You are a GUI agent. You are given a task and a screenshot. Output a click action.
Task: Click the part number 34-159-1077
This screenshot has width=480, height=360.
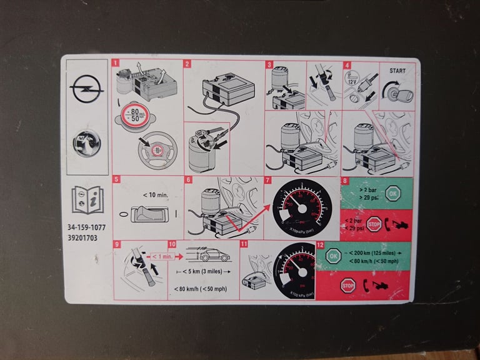87,229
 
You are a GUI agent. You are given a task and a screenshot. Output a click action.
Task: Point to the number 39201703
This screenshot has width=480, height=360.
83,238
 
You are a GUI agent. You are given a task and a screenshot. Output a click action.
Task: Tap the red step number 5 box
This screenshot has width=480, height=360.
116,181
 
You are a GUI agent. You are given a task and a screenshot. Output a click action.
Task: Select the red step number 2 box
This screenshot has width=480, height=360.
187,64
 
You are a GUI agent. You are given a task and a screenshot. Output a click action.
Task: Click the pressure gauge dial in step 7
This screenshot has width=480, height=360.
301,209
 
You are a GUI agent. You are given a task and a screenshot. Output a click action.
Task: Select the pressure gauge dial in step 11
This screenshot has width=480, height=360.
294,269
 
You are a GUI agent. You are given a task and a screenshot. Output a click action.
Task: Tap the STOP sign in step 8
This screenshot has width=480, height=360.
374,223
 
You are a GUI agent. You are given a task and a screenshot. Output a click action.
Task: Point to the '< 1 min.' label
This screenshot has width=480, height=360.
162,256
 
